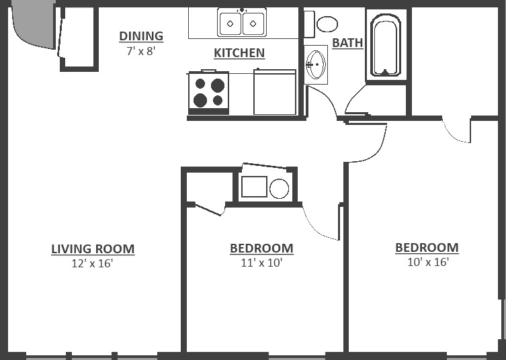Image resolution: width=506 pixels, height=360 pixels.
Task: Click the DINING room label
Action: click(141, 36)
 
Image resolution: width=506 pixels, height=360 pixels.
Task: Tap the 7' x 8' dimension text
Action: click(140, 51)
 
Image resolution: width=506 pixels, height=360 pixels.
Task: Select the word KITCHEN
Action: click(239, 53)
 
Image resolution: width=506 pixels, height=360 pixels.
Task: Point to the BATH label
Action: click(347, 43)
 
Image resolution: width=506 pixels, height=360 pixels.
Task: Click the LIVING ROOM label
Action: click(93, 249)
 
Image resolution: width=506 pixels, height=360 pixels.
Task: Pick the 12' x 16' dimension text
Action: click(92, 264)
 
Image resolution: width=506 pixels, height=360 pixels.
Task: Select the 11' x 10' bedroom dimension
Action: click(261, 263)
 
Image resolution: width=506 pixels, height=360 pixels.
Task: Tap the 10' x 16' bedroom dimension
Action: click(427, 262)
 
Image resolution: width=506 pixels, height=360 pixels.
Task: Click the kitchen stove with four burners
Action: click(208, 92)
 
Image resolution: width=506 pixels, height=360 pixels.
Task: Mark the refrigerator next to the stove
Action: click(275, 93)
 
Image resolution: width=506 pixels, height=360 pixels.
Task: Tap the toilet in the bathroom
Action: click(323, 25)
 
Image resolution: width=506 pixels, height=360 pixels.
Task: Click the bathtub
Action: click(386, 46)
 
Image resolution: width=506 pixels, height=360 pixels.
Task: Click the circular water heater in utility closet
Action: click(279, 189)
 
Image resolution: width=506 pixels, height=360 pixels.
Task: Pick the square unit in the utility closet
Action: click(254, 187)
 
